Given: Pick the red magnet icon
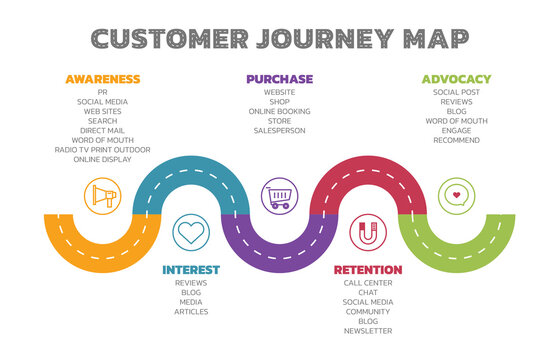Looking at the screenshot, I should point(368,233).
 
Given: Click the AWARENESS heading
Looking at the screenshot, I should point(102,79).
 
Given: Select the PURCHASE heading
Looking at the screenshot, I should point(279,79).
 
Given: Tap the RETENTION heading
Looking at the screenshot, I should point(368,270).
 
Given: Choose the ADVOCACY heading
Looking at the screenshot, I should point(456,79).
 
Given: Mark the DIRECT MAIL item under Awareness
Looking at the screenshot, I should point(102,130).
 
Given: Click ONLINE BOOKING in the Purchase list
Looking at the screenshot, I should point(279,111).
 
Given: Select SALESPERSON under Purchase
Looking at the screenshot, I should point(279,130).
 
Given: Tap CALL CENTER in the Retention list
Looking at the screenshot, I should point(368,283).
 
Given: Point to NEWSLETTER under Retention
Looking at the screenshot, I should point(368,331).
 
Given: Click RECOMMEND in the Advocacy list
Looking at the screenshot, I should point(456,140).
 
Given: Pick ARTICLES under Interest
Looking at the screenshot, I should point(191,312).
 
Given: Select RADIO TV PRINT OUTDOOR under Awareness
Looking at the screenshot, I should point(102,150).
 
